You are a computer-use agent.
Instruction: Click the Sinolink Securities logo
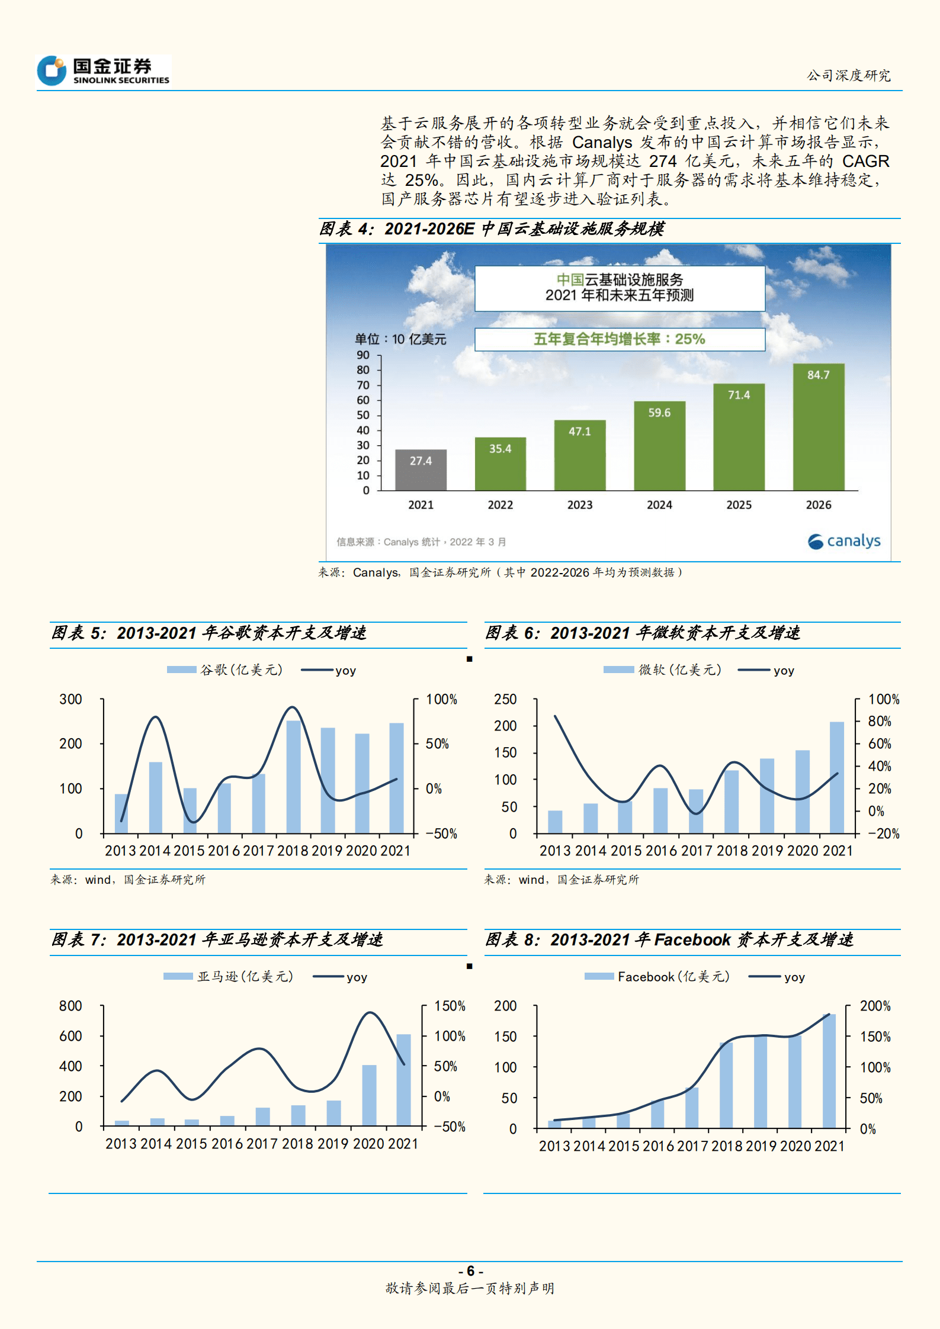pos(104,70)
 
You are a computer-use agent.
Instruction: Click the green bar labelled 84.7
pos(819,426)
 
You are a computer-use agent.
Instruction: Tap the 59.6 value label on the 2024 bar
pos(659,413)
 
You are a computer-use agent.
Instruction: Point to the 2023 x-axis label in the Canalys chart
pos(579,505)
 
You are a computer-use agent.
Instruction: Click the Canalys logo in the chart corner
pos(844,541)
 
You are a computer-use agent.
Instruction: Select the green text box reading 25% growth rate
pos(619,339)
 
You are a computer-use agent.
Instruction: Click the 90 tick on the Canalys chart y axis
pos(363,355)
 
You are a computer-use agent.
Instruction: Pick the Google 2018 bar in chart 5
pos(293,777)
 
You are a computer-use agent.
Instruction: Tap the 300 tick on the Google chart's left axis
pos(70,699)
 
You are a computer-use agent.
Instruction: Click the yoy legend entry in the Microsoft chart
pos(766,670)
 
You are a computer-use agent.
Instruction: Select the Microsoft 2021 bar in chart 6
pos(836,777)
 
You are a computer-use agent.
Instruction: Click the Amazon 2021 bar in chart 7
pos(403,1080)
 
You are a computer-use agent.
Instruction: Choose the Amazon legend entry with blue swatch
pos(229,977)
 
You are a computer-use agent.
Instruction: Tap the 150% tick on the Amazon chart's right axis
pos(450,1006)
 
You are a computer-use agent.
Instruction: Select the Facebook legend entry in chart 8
pos(657,977)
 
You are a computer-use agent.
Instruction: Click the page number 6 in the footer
pos(470,1271)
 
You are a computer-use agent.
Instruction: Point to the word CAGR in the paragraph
pos(865,161)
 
